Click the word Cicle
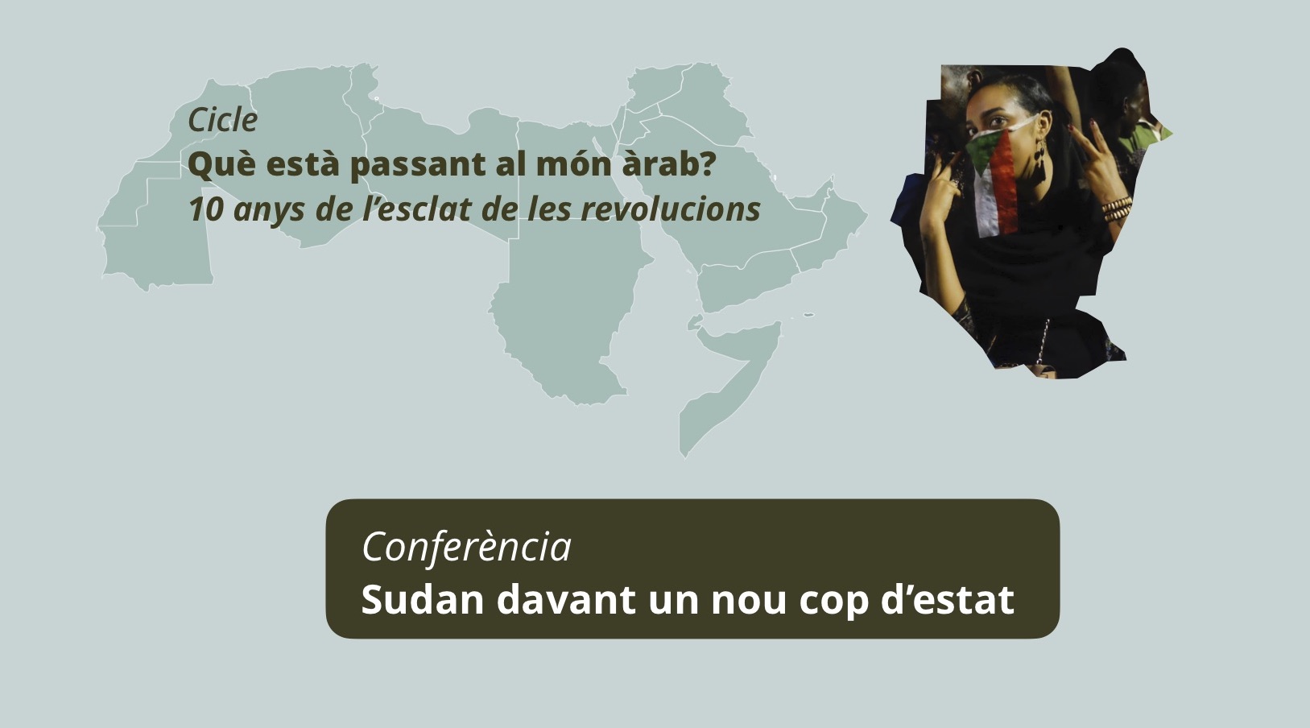pyautogui.click(x=222, y=120)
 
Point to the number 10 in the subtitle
pyautogui.click(x=205, y=209)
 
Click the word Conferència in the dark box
pyautogui.click(x=466, y=547)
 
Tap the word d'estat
pyautogui.click(x=948, y=600)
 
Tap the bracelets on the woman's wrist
pyautogui.click(x=1117, y=209)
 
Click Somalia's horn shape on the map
pyautogui.click(x=731, y=380)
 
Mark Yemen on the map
pyautogui.click(x=746, y=281)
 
